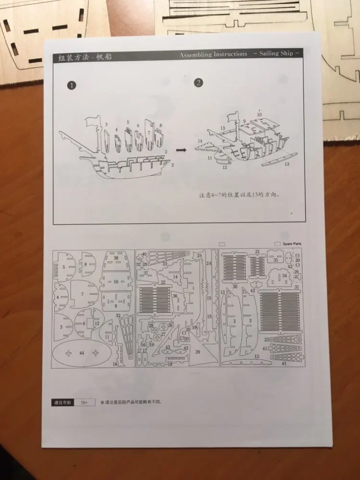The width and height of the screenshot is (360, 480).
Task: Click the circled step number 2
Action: tap(198, 83)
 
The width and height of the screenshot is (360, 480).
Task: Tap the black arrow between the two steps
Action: tap(180, 150)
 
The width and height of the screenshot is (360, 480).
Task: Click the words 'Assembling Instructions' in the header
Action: tap(214, 55)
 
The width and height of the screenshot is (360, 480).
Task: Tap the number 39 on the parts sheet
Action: tap(198, 352)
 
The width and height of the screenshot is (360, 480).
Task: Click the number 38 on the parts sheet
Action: tap(116, 258)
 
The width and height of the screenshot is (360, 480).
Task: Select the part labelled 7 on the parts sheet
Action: tap(83, 294)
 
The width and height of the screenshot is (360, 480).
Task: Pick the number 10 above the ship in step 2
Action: tap(259, 115)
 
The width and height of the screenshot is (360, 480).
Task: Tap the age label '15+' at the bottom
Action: tap(84, 402)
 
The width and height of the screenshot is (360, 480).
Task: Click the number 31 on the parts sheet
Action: tap(297, 287)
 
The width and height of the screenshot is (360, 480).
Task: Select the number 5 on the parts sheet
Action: tap(64, 267)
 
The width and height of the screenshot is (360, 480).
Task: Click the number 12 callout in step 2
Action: tap(224, 168)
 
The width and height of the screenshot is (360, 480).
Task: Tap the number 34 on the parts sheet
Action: tap(284, 276)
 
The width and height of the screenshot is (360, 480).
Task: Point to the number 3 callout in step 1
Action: tap(106, 125)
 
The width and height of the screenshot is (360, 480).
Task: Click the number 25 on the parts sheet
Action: tap(199, 256)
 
